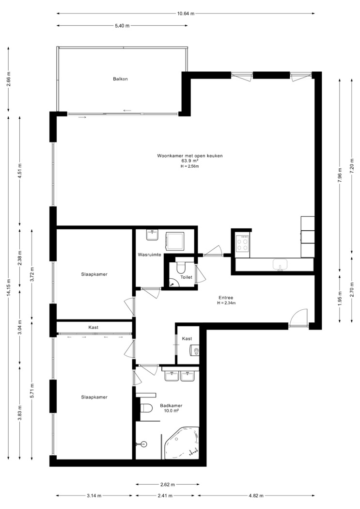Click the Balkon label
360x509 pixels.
[x=120, y=79]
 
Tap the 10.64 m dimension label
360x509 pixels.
[x=186, y=14]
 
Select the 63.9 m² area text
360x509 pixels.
[x=190, y=160]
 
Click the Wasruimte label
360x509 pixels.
[x=150, y=255]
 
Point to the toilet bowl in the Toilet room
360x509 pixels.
[x=181, y=267]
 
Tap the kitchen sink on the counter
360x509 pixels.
[x=281, y=264]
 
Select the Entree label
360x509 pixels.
[x=226, y=298]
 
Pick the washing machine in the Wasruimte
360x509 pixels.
[x=175, y=241]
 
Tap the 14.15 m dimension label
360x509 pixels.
[x=9, y=287]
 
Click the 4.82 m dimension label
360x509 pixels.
[x=256, y=496]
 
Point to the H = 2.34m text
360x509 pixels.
[x=226, y=303]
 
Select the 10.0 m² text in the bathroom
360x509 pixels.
[x=171, y=411]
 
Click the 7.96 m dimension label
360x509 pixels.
[x=340, y=175]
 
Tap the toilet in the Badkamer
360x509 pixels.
[x=147, y=408]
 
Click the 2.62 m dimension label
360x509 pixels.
[x=167, y=485]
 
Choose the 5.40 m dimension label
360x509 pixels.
[x=122, y=26]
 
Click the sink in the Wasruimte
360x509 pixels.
[x=152, y=235]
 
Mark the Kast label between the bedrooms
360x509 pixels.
[x=94, y=327]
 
